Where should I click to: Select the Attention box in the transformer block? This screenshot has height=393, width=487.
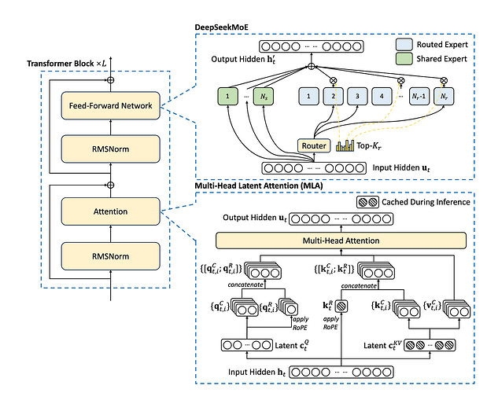point(110,211)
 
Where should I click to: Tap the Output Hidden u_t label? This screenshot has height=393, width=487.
point(250,218)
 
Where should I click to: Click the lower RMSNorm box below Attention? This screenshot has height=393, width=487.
point(110,255)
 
